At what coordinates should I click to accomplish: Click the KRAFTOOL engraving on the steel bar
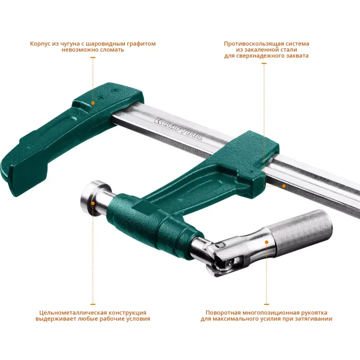[179, 129]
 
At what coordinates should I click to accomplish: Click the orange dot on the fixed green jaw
[93, 103]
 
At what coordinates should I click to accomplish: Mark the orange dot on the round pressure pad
[93, 203]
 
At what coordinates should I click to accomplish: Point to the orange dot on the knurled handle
[266, 242]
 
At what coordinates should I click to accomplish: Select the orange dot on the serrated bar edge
[284, 186]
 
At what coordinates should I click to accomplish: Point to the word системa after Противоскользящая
[298, 44]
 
